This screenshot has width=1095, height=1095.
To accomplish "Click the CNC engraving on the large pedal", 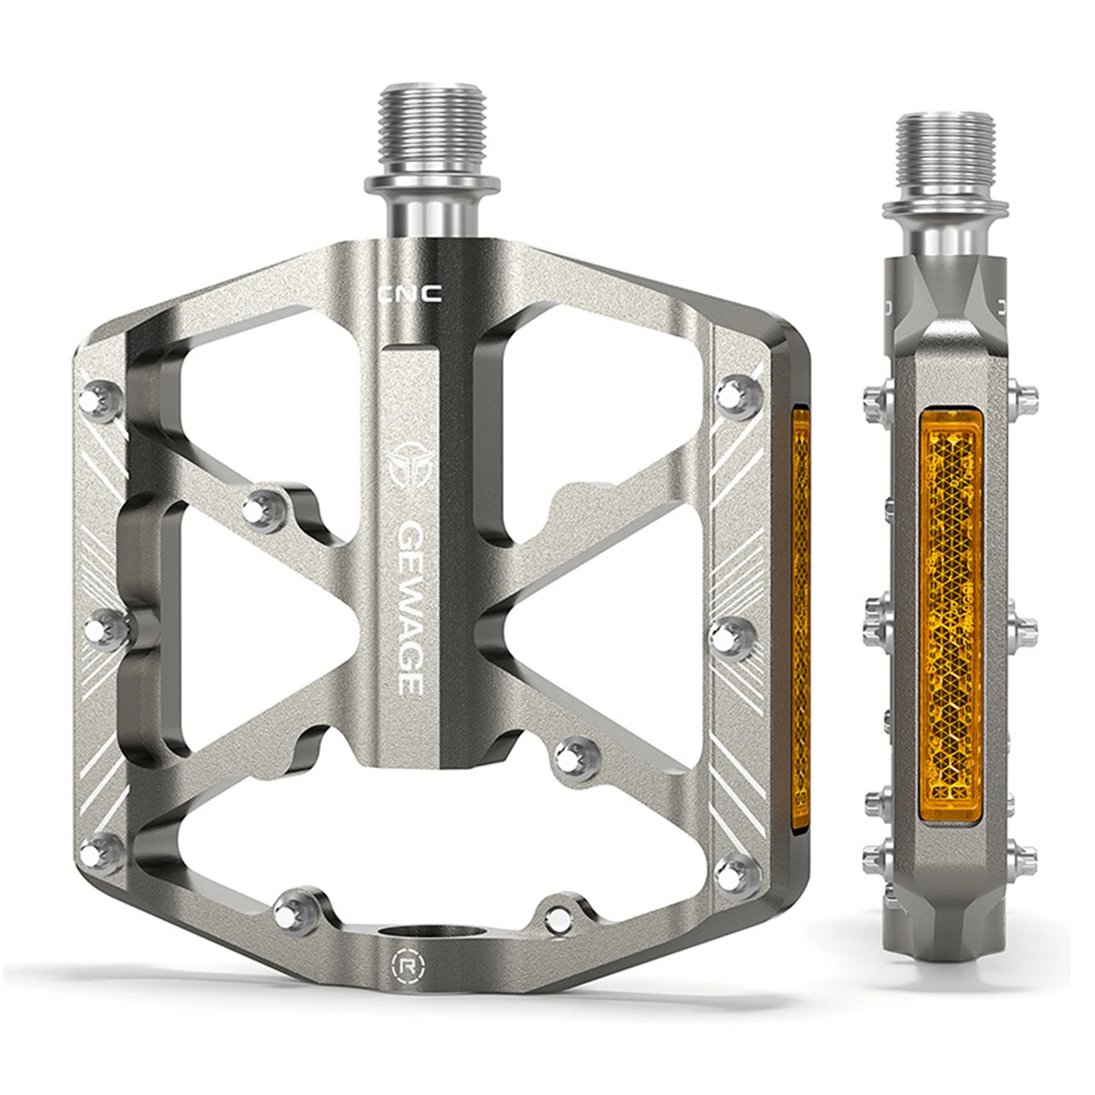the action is pyautogui.click(x=410, y=294).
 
